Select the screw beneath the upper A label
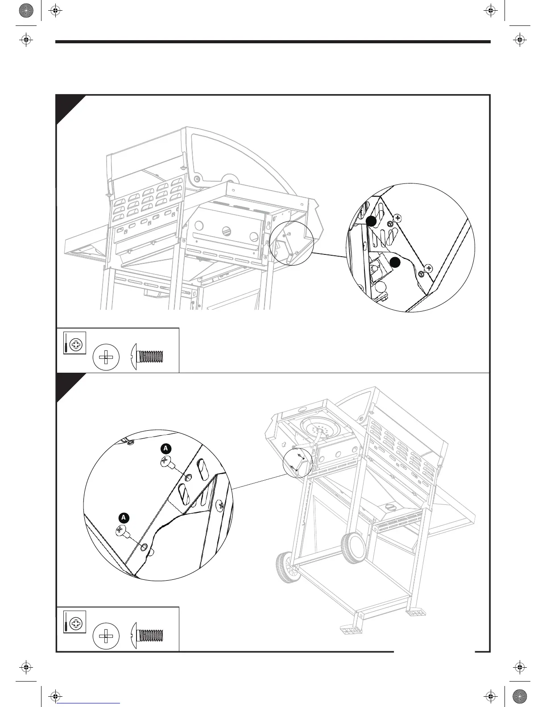(166, 463)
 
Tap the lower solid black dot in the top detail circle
(394, 262)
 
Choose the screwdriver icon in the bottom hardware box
(74, 621)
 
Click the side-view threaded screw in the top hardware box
(148, 356)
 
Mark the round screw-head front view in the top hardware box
(106, 357)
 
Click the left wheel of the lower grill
(287, 566)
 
